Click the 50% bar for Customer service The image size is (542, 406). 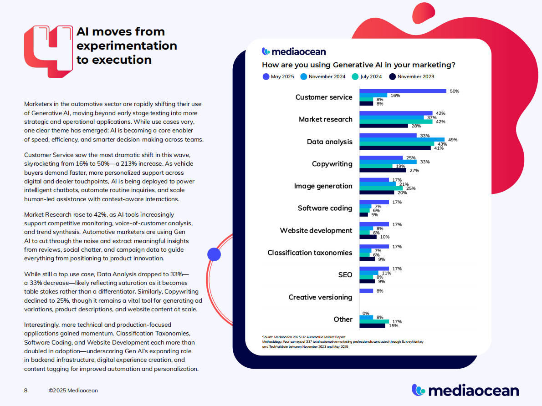pyautogui.click(x=403, y=91)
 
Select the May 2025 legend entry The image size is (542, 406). pyautogui.click(x=278, y=77)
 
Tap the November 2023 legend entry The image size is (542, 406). pyautogui.click(x=412, y=77)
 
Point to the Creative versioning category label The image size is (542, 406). pyautogui.click(x=320, y=297)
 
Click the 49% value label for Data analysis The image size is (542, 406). pyautogui.click(x=452, y=140)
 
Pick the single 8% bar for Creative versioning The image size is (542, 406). pyautogui.click(x=366, y=291)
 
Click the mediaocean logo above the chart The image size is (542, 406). pyautogui.click(x=294, y=51)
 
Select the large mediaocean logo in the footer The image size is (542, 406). pyautogui.click(x=465, y=390)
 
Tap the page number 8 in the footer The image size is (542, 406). pyautogui.click(x=26, y=391)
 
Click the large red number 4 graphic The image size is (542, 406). pyautogui.click(x=48, y=48)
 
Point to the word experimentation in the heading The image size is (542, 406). pyautogui.click(x=127, y=46)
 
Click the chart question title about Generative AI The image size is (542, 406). pyautogui.click(x=358, y=65)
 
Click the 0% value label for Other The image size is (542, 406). pyautogui.click(x=366, y=313)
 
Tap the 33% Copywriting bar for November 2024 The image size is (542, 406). pyautogui.click(x=388, y=162)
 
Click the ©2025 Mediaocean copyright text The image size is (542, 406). pyautogui.click(x=73, y=391)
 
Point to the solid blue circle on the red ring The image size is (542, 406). pyautogui.click(x=214, y=254)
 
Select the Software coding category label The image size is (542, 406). pyautogui.click(x=325, y=208)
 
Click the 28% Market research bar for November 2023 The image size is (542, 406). pyautogui.click(x=383, y=126)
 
